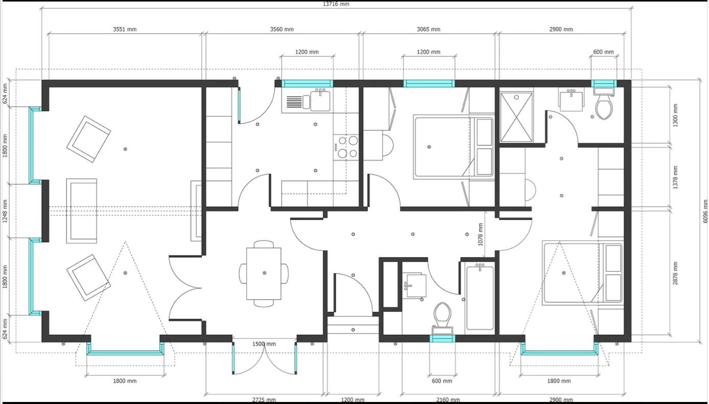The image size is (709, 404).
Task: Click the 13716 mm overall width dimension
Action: click(x=336, y=4)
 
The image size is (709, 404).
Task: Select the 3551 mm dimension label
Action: click(x=125, y=29)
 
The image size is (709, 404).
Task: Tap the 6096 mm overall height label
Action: click(x=705, y=211)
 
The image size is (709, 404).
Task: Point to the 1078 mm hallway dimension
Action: click(x=481, y=235)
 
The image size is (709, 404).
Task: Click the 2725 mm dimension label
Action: click(x=264, y=400)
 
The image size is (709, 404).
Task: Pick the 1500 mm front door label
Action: click(x=264, y=344)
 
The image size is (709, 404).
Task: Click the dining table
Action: click(x=264, y=274)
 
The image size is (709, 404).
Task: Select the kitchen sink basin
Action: click(x=320, y=101)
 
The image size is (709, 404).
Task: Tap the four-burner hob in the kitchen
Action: click(x=346, y=147)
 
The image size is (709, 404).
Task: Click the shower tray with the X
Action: click(x=516, y=117)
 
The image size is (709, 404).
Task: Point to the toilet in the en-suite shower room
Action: click(x=604, y=104)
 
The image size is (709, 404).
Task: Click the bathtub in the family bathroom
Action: click(x=480, y=298)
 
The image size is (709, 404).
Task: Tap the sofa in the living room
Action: click(x=82, y=211)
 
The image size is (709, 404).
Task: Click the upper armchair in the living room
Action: click(x=89, y=139)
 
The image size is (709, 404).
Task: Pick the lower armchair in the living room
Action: click(x=89, y=278)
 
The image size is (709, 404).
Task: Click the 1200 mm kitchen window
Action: click(x=308, y=84)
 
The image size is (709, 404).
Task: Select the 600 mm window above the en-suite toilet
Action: click(x=604, y=84)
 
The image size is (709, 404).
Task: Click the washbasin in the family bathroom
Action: click(x=414, y=285)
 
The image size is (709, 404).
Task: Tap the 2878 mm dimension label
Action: click(x=675, y=273)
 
